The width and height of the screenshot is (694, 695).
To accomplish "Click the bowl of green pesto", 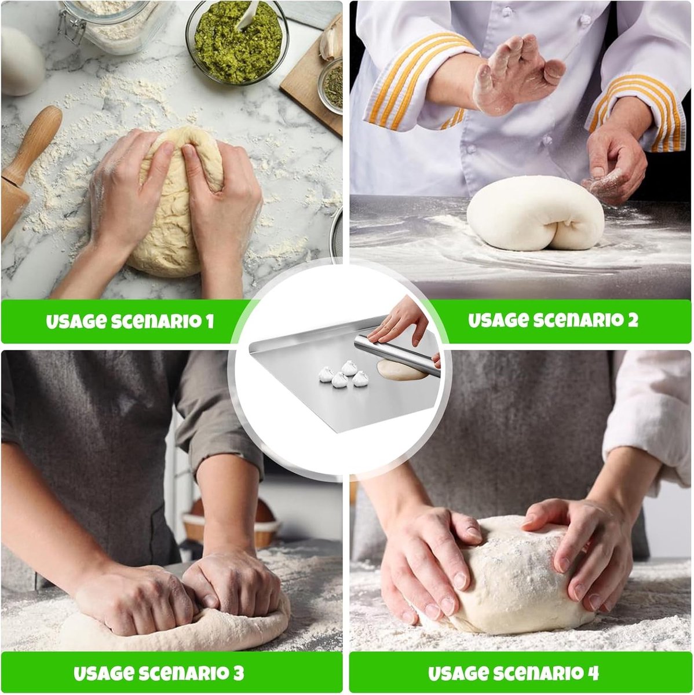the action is [x=237, y=42].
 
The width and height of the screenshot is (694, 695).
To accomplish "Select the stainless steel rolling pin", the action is [x=397, y=355].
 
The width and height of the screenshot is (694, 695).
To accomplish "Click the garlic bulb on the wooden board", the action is [x=332, y=42].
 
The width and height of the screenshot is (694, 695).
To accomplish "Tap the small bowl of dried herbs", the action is [x=331, y=86].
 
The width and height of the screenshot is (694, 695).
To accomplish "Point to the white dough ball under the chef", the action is [x=535, y=213].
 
